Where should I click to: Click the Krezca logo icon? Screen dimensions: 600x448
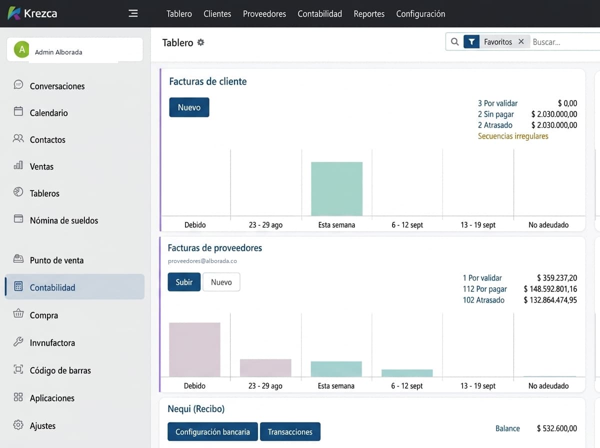click(14, 13)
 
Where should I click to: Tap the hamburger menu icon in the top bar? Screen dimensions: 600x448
click(133, 13)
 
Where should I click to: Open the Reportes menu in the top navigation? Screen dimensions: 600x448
click(369, 13)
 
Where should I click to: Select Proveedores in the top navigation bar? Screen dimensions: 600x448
click(264, 13)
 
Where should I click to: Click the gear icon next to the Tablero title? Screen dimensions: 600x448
click(200, 42)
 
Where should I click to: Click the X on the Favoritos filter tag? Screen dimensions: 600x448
click(521, 41)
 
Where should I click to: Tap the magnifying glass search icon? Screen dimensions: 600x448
click(454, 42)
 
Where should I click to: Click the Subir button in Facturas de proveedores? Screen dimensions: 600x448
click(184, 282)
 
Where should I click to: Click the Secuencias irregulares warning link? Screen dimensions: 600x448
click(513, 136)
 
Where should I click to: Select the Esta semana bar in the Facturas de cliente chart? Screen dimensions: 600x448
click(337, 189)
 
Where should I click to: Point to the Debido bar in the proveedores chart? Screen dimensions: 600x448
click(194, 349)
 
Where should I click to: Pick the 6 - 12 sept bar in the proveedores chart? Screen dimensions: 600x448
click(407, 373)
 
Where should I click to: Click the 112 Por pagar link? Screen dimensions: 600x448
click(484, 289)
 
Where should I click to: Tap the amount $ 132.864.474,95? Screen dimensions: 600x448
click(550, 300)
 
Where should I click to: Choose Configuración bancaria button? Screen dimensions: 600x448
click(212, 431)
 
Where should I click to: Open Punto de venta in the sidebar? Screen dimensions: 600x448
click(56, 260)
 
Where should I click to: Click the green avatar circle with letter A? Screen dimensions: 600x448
click(21, 49)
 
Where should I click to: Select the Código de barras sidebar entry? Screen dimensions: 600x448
click(60, 370)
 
